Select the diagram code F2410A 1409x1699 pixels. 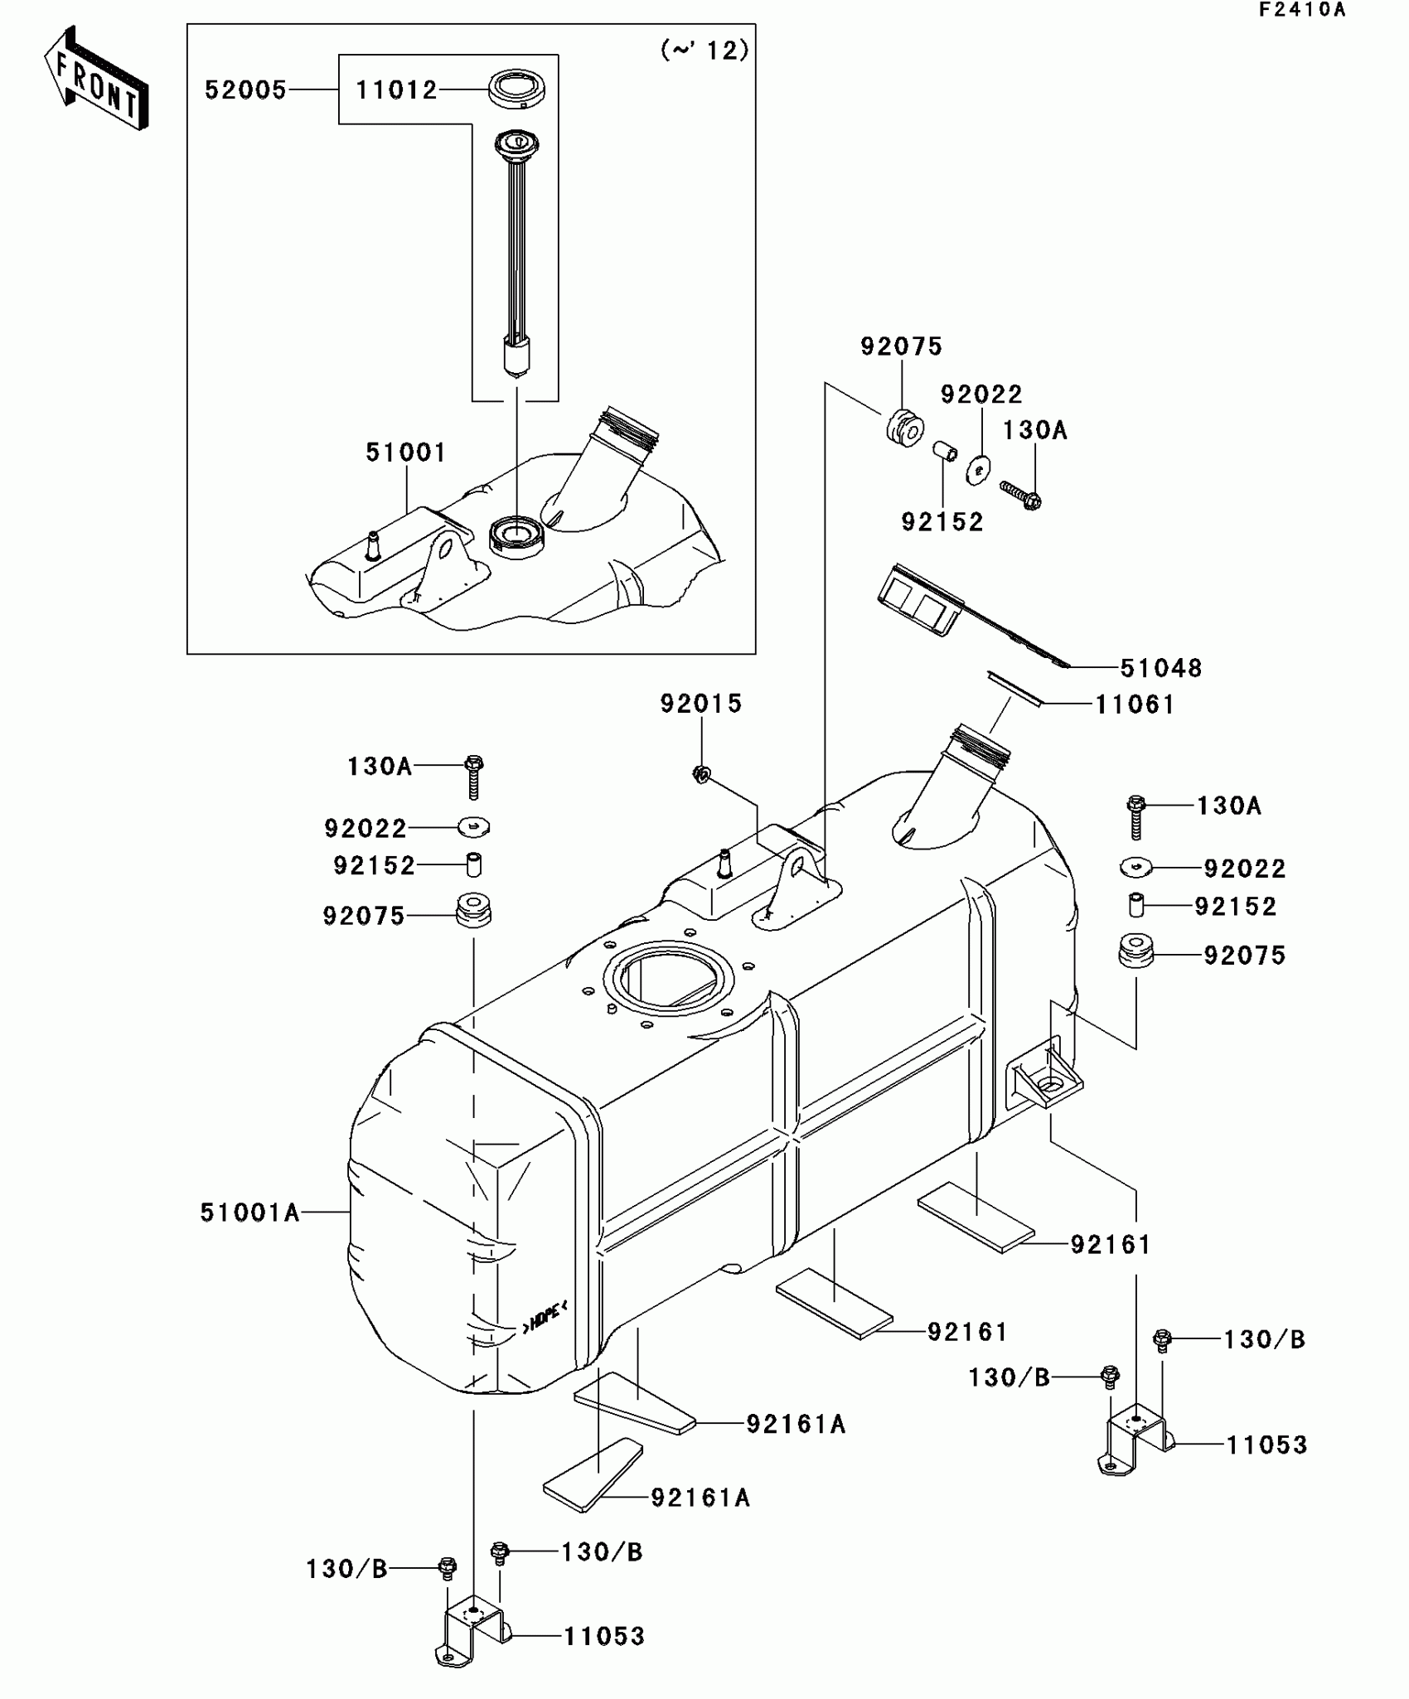click(x=1302, y=10)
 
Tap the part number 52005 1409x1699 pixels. click(x=245, y=90)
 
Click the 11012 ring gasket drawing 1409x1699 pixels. click(x=516, y=89)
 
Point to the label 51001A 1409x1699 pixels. click(x=249, y=1213)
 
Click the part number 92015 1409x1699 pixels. click(x=701, y=704)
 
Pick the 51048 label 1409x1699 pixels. click(x=1160, y=668)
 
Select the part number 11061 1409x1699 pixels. click(x=1135, y=704)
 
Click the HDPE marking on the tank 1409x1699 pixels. click(x=544, y=1316)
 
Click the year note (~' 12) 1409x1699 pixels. click(x=704, y=51)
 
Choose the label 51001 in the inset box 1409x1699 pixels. click(x=405, y=453)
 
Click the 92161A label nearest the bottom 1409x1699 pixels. click(x=700, y=1498)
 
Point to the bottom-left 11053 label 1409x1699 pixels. click(x=603, y=1636)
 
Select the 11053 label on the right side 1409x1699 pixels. click(x=1266, y=1445)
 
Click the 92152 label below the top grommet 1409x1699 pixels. click(x=942, y=521)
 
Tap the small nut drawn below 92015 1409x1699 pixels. click(x=701, y=775)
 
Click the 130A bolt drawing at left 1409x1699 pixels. click(x=473, y=776)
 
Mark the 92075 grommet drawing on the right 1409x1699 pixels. click(x=1135, y=951)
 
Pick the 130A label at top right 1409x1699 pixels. click(x=1034, y=430)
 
